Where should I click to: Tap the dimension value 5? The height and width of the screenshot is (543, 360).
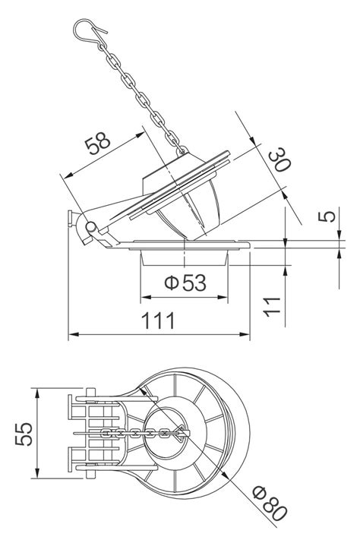click(x=328, y=217)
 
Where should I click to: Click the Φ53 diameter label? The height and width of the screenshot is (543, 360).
click(x=185, y=283)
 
